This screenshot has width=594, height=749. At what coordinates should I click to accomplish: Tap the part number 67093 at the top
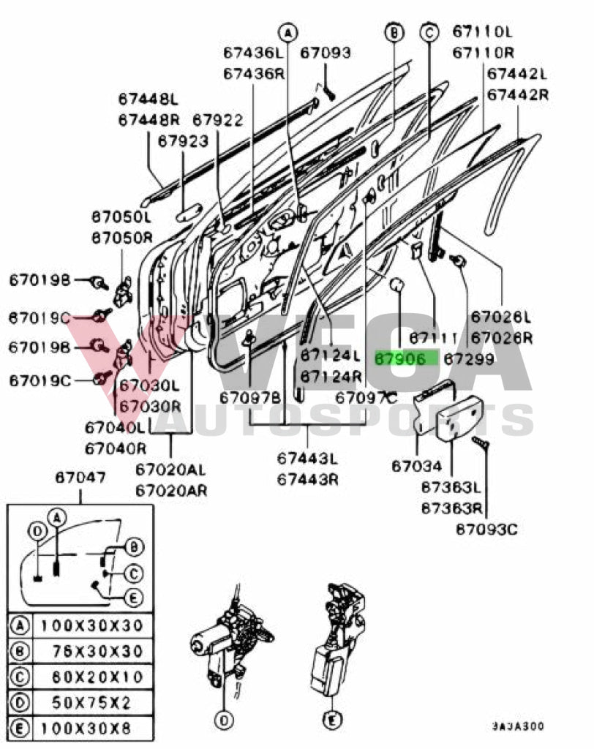pyautogui.click(x=325, y=53)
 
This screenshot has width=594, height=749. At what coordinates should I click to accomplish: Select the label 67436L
pyautogui.click(x=252, y=53)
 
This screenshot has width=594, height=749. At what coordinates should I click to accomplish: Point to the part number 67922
pyautogui.click(x=217, y=119)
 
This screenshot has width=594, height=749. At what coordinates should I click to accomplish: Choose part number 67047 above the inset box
pyautogui.click(x=80, y=478)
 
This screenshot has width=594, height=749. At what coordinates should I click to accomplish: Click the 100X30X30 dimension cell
pyautogui.click(x=91, y=626)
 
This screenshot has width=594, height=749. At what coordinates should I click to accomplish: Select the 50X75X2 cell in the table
pyautogui.click(x=91, y=702)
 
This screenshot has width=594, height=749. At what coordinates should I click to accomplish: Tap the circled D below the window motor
pyautogui.click(x=225, y=721)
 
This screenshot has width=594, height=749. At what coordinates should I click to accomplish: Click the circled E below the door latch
pyautogui.click(x=332, y=721)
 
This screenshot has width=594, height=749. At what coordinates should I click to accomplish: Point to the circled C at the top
pyautogui.click(x=429, y=31)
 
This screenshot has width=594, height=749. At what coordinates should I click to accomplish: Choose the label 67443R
pyautogui.click(x=307, y=479)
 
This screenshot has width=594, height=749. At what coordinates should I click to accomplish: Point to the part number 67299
pyautogui.click(x=469, y=359)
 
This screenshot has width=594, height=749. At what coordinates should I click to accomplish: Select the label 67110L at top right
pyautogui.click(x=482, y=31)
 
